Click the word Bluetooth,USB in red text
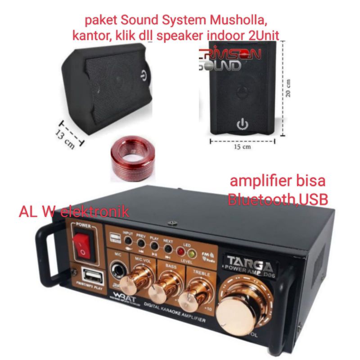tap(278, 199)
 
